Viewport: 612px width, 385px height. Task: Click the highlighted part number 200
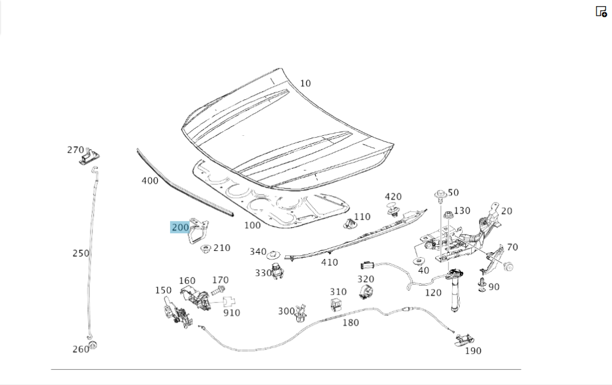click(181, 228)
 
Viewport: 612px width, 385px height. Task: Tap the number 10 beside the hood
click(305, 83)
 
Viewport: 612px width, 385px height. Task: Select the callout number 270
click(75, 150)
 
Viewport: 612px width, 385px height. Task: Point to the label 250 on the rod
click(81, 253)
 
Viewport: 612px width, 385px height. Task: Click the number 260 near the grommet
click(80, 349)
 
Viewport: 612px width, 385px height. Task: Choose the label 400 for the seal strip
click(149, 181)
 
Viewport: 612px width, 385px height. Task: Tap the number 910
click(231, 313)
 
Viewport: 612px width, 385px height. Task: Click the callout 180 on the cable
click(351, 323)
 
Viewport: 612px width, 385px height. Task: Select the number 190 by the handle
click(473, 351)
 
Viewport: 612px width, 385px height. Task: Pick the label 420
click(393, 196)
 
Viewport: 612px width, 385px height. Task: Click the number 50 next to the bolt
click(453, 193)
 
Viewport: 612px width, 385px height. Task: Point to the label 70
click(512, 247)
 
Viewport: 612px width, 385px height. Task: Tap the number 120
click(433, 293)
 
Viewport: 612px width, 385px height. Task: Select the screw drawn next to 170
click(218, 290)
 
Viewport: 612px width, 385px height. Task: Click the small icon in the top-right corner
click(601, 11)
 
